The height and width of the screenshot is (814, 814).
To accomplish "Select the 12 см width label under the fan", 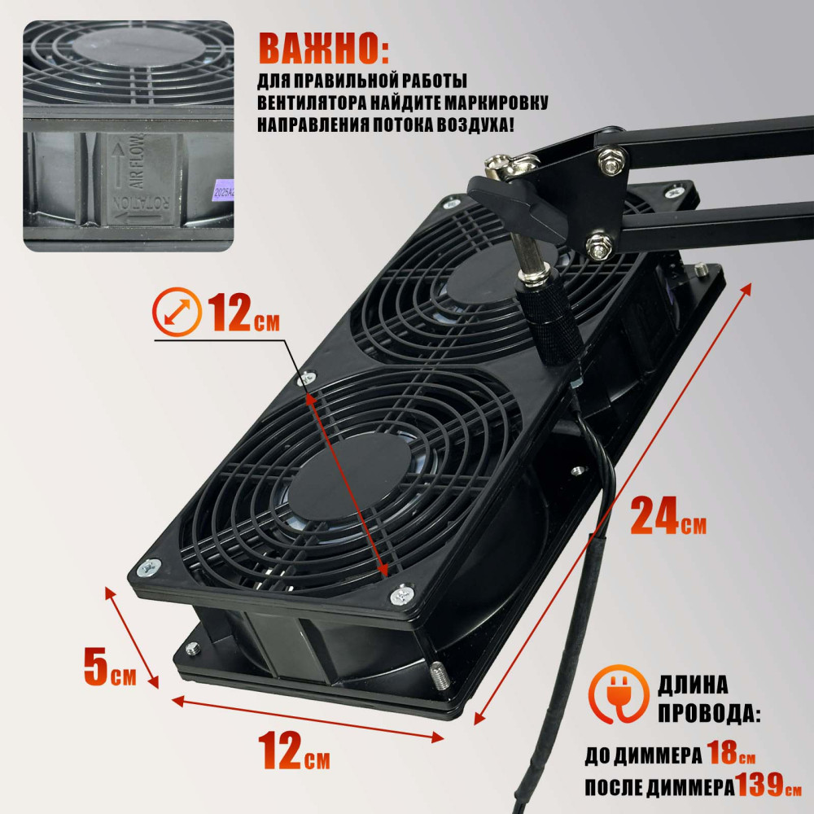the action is [294, 751].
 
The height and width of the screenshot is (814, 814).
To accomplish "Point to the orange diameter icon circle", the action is [177, 312].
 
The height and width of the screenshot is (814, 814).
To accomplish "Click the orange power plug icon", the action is [619, 694].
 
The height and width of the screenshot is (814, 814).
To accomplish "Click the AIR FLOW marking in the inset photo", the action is [136, 160].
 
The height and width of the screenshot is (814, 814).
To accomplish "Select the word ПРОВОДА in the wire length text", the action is [709, 714].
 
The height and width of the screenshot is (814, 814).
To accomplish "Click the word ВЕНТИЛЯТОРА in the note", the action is [312, 103].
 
